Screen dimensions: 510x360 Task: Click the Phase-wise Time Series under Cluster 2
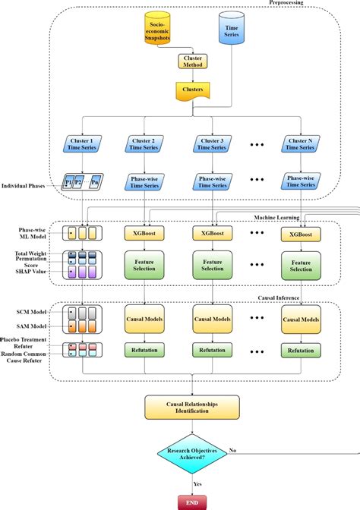point(145,183)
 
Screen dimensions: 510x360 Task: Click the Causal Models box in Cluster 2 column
point(144,320)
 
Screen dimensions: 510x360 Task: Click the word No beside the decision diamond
point(232,449)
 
